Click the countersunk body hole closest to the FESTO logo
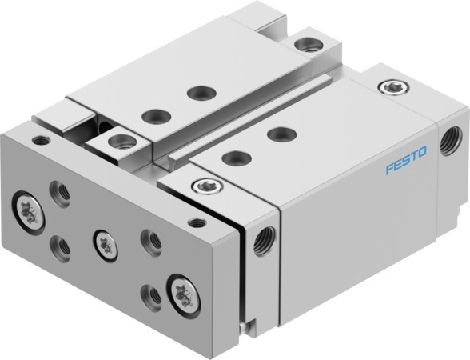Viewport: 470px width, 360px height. click(277, 132)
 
